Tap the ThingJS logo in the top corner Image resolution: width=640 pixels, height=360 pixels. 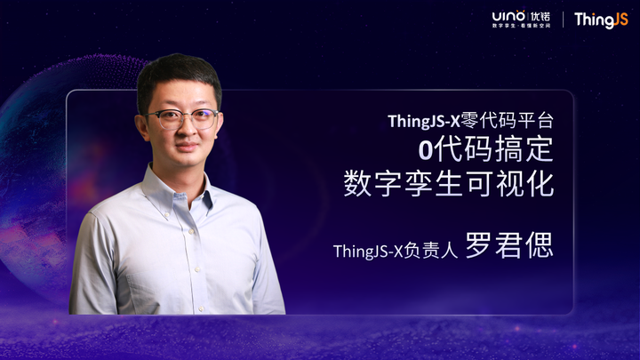coord(600,20)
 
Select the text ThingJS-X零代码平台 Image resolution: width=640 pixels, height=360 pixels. coord(470,120)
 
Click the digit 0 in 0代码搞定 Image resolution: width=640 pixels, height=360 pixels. coord(425,149)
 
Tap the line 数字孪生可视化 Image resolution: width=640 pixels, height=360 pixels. coord(448,184)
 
